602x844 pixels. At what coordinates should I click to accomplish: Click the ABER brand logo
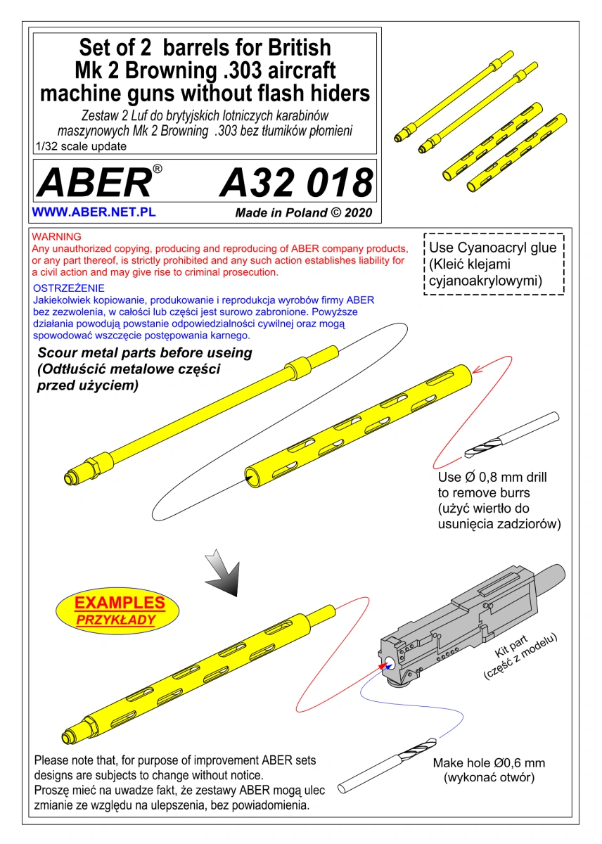coord(99,181)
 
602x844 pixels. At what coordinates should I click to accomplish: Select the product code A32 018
coord(297,183)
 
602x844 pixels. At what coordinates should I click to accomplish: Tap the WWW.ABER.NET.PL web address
coord(94,212)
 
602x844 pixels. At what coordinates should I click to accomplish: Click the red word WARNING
coord(56,236)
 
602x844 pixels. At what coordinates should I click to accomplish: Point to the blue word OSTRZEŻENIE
coord(68,288)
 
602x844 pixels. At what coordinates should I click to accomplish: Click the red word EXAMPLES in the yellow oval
coord(120,603)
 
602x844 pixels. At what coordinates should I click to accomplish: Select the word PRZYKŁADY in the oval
coord(116,620)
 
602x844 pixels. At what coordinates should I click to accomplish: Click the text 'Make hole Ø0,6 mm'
coord(489,762)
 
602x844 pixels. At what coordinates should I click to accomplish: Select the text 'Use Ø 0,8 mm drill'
coord(492,477)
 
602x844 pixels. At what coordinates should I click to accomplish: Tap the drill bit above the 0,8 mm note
coord(511,435)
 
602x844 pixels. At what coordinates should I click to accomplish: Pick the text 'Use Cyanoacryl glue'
coord(493,248)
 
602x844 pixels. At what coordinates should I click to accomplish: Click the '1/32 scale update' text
coord(81,146)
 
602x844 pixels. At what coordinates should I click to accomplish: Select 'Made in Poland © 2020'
coord(304,212)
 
